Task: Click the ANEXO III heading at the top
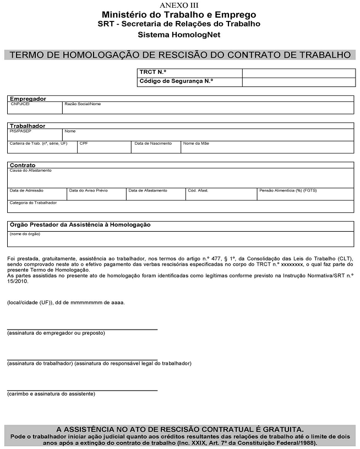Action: click(x=179, y=4)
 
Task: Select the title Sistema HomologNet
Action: click(x=179, y=35)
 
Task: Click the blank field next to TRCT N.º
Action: click(x=298, y=73)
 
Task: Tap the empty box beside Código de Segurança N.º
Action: click(x=298, y=82)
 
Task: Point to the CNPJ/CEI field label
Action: click(x=20, y=104)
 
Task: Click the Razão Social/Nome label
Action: click(x=83, y=104)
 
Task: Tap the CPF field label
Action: click(x=83, y=143)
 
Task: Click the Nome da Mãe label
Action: click(x=196, y=143)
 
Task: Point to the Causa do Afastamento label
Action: click(x=30, y=171)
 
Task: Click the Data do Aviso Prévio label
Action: click(x=88, y=190)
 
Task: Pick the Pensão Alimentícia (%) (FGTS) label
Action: click(x=287, y=190)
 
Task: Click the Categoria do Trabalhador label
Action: click(x=33, y=202)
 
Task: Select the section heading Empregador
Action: click(x=28, y=98)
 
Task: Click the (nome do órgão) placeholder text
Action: click(x=24, y=234)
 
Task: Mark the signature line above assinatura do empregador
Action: click(x=82, y=328)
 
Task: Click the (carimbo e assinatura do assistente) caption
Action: click(x=51, y=393)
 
